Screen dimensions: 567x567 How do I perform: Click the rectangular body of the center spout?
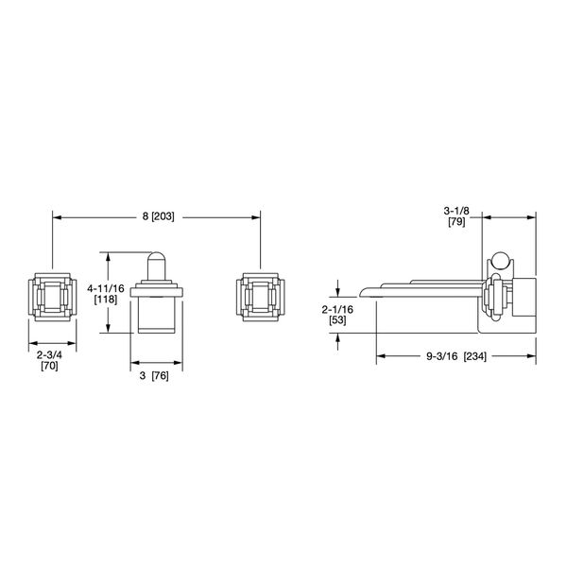pos(155,315)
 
